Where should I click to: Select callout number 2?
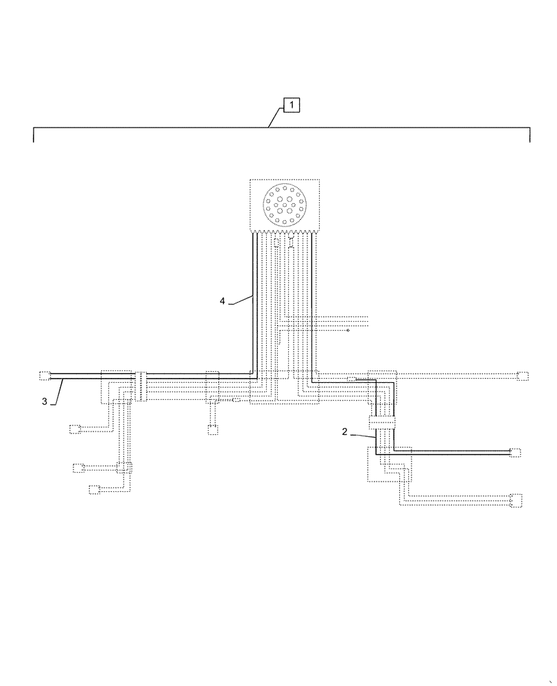[345, 431]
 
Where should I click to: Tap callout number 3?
[45, 402]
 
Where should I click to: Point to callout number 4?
[222, 300]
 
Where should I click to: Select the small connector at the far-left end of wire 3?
[45, 375]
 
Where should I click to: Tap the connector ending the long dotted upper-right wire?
[523, 375]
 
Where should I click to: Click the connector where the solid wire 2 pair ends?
[515, 452]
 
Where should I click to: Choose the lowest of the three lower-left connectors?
[94, 489]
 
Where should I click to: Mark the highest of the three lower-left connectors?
[75, 430]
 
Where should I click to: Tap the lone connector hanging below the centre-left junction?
[213, 430]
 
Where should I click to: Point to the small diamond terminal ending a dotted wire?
[348, 330]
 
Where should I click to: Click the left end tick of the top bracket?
[34, 136]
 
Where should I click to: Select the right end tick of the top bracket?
[530, 136]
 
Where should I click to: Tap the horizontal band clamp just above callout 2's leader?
[383, 423]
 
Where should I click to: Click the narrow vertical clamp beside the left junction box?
[140, 386]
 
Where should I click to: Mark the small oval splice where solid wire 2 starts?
[352, 379]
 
